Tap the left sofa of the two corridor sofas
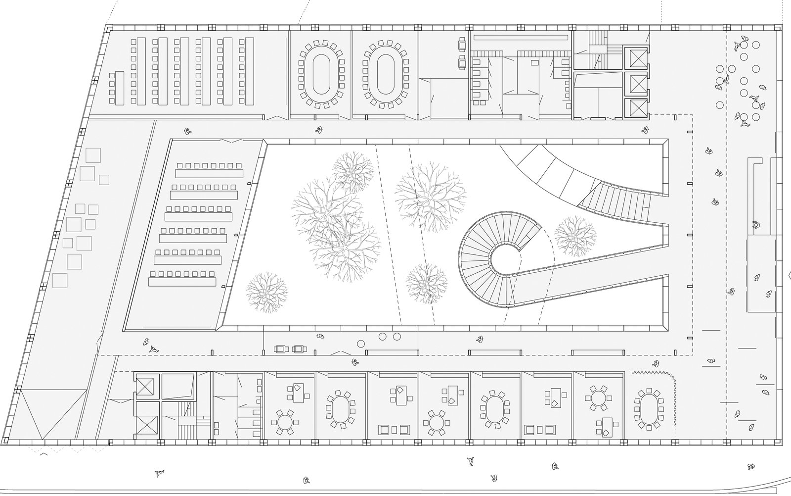[x=282, y=349]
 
